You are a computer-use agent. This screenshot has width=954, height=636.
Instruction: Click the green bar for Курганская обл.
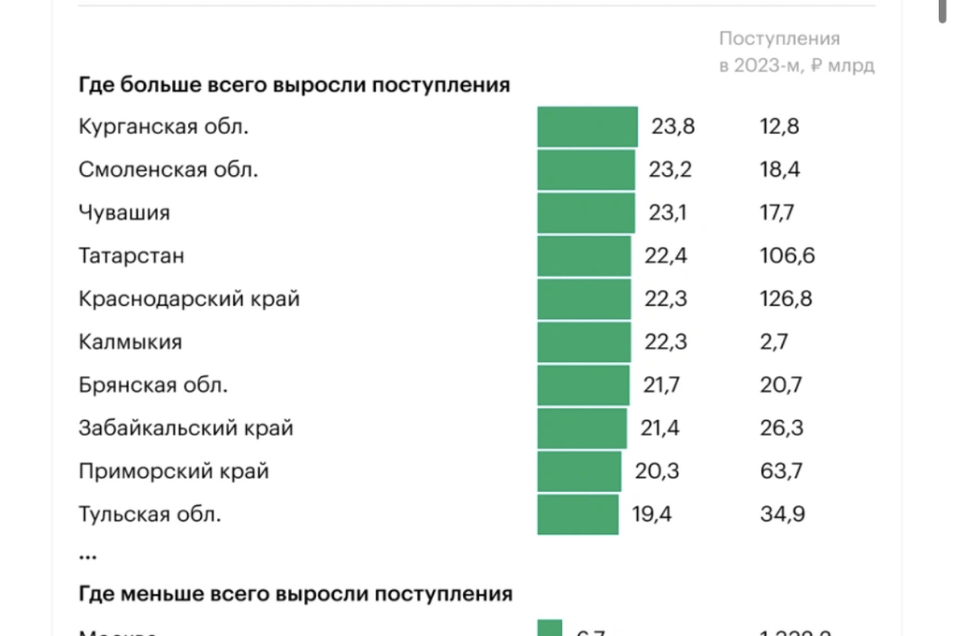(587, 126)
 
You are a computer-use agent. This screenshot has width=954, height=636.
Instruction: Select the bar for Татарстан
(585, 255)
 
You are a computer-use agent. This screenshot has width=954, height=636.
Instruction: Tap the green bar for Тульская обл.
(578, 513)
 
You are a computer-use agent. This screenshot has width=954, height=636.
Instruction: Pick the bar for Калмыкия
(585, 341)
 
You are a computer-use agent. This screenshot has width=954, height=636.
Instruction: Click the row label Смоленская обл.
(168, 170)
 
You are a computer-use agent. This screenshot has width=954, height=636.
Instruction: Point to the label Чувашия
(124, 212)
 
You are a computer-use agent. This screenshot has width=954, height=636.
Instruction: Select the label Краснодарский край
(189, 298)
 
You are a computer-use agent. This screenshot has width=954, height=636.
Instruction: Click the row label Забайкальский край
(186, 427)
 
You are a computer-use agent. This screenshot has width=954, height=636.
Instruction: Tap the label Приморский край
(174, 470)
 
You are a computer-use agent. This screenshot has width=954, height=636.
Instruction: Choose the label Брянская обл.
(153, 384)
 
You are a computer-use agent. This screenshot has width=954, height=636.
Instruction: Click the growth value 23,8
(673, 126)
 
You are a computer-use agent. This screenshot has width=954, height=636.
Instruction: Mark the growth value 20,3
(658, 470)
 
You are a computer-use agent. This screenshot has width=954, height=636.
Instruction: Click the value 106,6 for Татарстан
(787, 255)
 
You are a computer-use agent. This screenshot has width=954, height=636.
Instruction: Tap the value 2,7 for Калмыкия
(773, 341)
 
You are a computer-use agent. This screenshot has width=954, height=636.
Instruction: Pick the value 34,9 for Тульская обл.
(782, 513)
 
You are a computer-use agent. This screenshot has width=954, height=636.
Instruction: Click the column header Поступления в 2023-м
(796, 52)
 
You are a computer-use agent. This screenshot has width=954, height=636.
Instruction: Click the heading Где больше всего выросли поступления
(294, 85)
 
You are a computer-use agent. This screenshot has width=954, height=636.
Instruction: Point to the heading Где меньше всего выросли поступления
(296, 593)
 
